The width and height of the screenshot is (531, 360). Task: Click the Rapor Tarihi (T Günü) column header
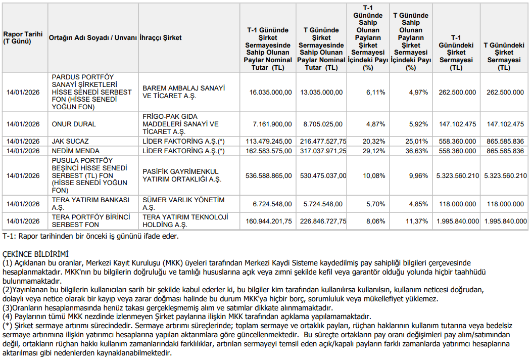click(x=17, y=38)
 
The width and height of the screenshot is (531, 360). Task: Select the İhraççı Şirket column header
click(x=161, y=38)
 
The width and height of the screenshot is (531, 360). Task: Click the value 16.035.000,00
click(x=270, y=92)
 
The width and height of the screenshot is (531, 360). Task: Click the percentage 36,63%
click(x=417, y=151)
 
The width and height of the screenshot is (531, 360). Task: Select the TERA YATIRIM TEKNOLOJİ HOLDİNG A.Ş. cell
click(x=185, y=221)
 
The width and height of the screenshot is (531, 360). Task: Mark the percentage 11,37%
click(x=417, y=221)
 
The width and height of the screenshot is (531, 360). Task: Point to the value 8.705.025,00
click(x=323, y=124)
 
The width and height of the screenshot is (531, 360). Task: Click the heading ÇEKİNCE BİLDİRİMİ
click(x=35, y=254)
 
